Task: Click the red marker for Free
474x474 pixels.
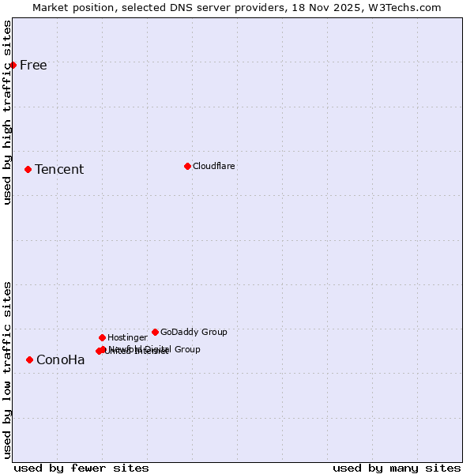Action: pyautogui.click(x=13, y=65)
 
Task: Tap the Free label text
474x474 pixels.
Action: pyautogui.click(x=33, y=65)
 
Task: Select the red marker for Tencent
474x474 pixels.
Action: pyautogui.click(x=28, y=169)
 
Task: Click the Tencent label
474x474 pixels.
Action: pyautogui.click(x=59, y=169)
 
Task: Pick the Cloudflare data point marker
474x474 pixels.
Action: pyautogui.click(x=187, y=166)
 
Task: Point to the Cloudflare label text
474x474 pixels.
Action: pyautogui.click(x=213, y=166)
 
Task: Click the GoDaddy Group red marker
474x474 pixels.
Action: pyautogui.click(x=155, y=332)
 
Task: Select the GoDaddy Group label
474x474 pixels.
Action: pyautogui.click(x=194, y=332)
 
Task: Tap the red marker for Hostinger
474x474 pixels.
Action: pyautogui.click(x=102, y=337)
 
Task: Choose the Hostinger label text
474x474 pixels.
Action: pyautogui.click(x=127, y=337)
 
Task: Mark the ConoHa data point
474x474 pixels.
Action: pyautogui.click(x=29, y=359)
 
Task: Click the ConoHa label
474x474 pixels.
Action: pyautogui.click(x=61, y=360)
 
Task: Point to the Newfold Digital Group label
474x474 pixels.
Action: pyautogui.click(x=158, y=348)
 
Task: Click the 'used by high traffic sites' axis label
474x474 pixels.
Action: pyautogui.click(x=7, y=112)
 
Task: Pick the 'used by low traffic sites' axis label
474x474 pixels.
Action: pyautogui.click(x=7, y=370)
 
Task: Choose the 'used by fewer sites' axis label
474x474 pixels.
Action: pyautogui.click(x=81, y=468)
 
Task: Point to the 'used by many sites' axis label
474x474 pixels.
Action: pyautogui.click(x=397, y=468)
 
